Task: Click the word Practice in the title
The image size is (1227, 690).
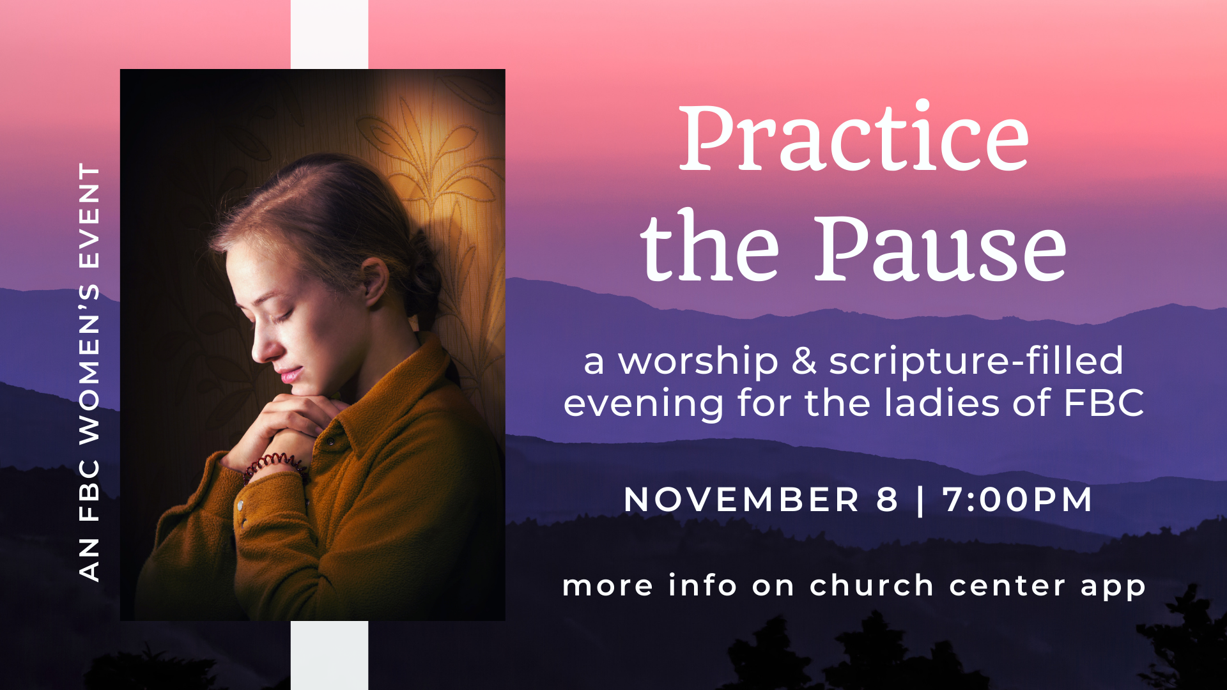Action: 854,136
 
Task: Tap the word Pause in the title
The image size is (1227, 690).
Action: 940,248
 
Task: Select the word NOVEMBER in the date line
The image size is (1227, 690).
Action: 741,500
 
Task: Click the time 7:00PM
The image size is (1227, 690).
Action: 1017,500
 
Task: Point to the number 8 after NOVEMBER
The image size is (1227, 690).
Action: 888,500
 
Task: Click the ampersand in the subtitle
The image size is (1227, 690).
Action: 804,361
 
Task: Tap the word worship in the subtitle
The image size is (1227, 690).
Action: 698,362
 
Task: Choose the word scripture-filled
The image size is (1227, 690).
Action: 976,362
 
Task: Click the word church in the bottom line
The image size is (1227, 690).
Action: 872,585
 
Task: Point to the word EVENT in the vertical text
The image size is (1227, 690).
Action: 89,216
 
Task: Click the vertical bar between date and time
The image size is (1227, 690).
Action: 920,500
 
